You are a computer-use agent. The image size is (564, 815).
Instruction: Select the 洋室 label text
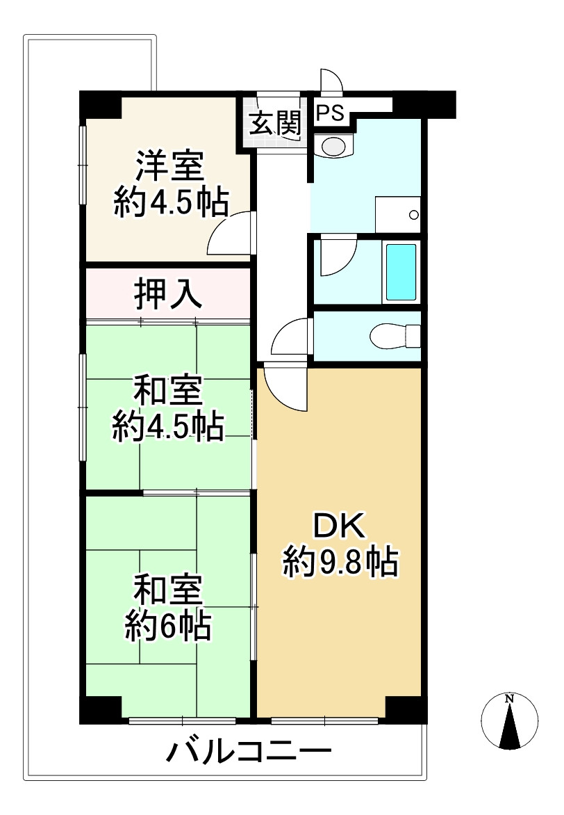[x=169, y=168]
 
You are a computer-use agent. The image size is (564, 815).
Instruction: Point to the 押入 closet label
[x=169, y=295]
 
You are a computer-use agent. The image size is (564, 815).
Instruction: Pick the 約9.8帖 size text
[x=340, y=562]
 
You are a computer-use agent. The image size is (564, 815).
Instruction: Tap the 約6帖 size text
[x=169, y=627]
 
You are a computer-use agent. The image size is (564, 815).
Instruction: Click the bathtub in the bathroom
[x=401, y=271]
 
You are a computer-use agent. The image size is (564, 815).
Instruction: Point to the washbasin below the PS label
[x=334, y=145]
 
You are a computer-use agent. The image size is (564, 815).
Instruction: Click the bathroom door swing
[x=337, y=257]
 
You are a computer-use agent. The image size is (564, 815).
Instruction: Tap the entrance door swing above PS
[x=331, y=81]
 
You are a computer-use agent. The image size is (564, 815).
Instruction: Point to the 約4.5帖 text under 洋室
[x=170, y=202]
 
